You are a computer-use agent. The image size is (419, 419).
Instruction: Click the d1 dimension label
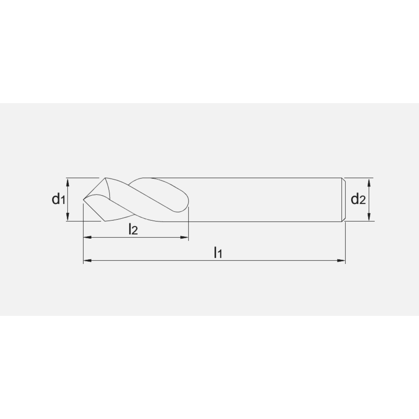tap(58, 199)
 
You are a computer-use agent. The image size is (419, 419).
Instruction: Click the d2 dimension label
tap(358, 199)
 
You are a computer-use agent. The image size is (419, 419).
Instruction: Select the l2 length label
tap(133, 229)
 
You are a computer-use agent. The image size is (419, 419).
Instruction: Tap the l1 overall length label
tap(218, 253)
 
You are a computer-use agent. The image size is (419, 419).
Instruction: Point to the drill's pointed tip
tap(84, 199)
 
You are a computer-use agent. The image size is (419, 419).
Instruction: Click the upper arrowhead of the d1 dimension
tap(67, 182)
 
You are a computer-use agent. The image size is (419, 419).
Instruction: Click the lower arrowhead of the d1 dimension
tap(67, 217)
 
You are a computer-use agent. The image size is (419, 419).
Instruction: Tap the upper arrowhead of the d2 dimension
tap(369, 182)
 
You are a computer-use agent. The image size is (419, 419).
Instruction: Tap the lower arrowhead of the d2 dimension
tap(369, 217)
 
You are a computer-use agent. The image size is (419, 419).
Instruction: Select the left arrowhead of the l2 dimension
tap(88, 237)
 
